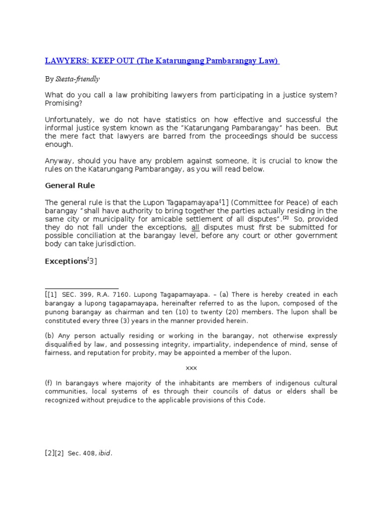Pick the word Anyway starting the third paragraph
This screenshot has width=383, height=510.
coord(59,160)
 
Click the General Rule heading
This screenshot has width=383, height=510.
coord(70,185)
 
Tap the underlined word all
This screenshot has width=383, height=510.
coord(195,227)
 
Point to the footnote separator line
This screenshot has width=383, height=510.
coord(82,288)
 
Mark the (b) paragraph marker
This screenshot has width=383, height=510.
coord(49,336)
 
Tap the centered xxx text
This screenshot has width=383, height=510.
coord(191,368)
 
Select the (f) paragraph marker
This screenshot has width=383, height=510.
coord(49,383)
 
